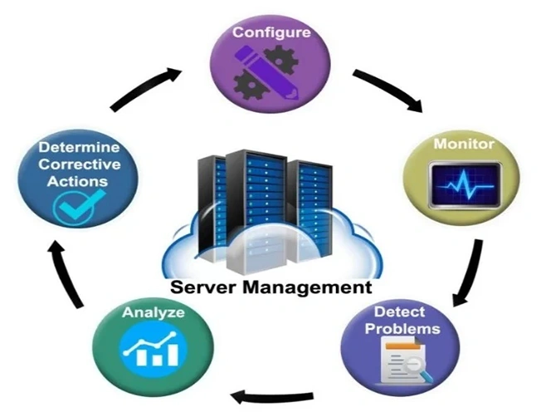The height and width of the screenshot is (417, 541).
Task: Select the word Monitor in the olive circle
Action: (x=464, y=144)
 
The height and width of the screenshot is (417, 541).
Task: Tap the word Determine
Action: (x=79, y=148)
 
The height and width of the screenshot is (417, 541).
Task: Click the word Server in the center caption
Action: (x=204, y=289)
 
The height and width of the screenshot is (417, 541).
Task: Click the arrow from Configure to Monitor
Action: (x=387, y=91)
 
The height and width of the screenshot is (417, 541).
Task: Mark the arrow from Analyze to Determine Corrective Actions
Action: (x=69, y=277)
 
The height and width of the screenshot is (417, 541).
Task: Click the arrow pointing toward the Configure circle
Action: (x=146, y=88)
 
